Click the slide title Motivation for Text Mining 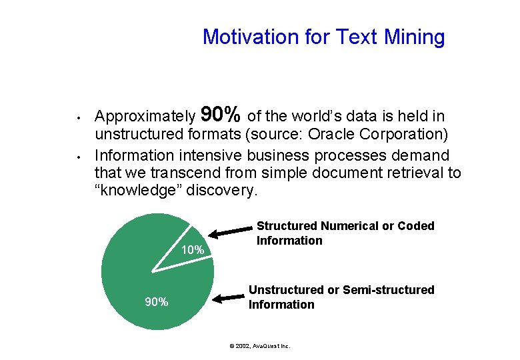tap(323, 37)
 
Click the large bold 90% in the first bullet tap(221, 115)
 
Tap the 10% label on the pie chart tap(193, 250)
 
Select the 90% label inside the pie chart tap(157, 302)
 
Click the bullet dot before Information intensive tap(79, 158)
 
